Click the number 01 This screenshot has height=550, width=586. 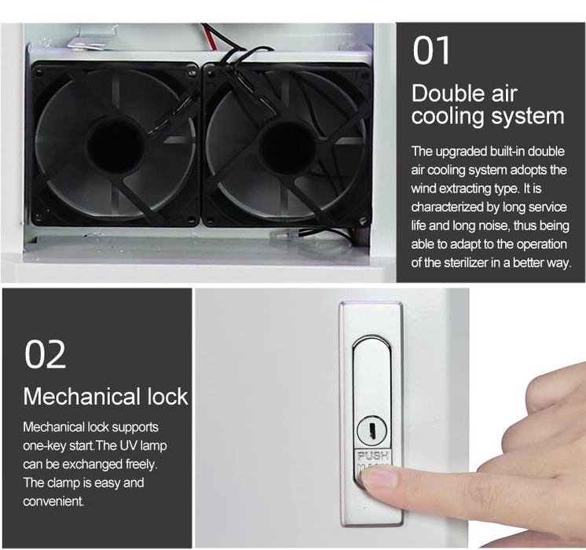pos(431,51)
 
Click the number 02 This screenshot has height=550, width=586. pos(46,354)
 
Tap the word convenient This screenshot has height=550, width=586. pos(53,501)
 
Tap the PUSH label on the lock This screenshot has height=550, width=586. pos(372,456)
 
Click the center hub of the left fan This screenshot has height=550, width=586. pos(116,147)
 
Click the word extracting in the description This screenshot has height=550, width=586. pos(467,189)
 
